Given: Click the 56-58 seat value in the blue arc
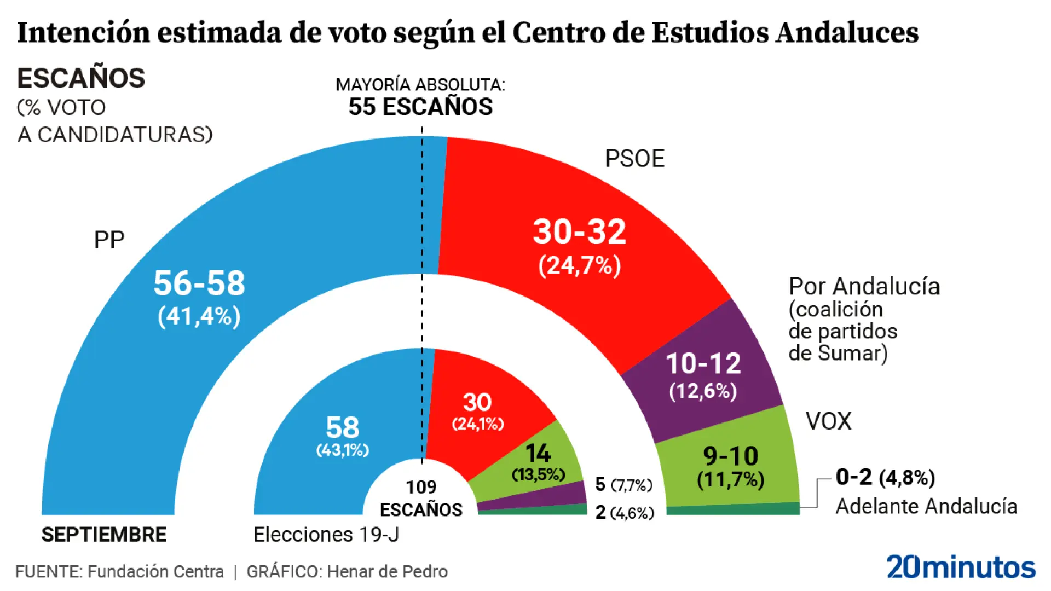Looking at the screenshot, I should (x=199, y=283).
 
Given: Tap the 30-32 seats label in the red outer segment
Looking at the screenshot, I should (x=580, y=232).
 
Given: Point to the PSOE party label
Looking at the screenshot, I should (x=634, y=159).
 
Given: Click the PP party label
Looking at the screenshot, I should (x=109, y=240).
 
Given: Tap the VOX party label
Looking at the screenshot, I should (x=828, y=421).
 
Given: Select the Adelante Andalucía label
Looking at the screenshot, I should (x=926, y=506).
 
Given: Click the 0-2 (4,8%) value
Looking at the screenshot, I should (x=885, y=477).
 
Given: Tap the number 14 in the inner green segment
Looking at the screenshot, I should (x=538, y=454).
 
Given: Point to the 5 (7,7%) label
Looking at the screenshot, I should (x=623, y=484).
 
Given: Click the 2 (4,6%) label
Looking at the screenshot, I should (x=624, y=513).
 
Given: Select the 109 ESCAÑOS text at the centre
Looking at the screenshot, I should (x=421, y=499).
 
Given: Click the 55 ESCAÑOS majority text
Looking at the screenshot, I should (x=420, y=107).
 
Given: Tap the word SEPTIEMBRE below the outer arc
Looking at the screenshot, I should (x=104, y=535).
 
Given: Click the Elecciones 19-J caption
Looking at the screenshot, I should (x=326, y=535).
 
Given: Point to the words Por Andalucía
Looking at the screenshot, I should (x=864, y=287).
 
